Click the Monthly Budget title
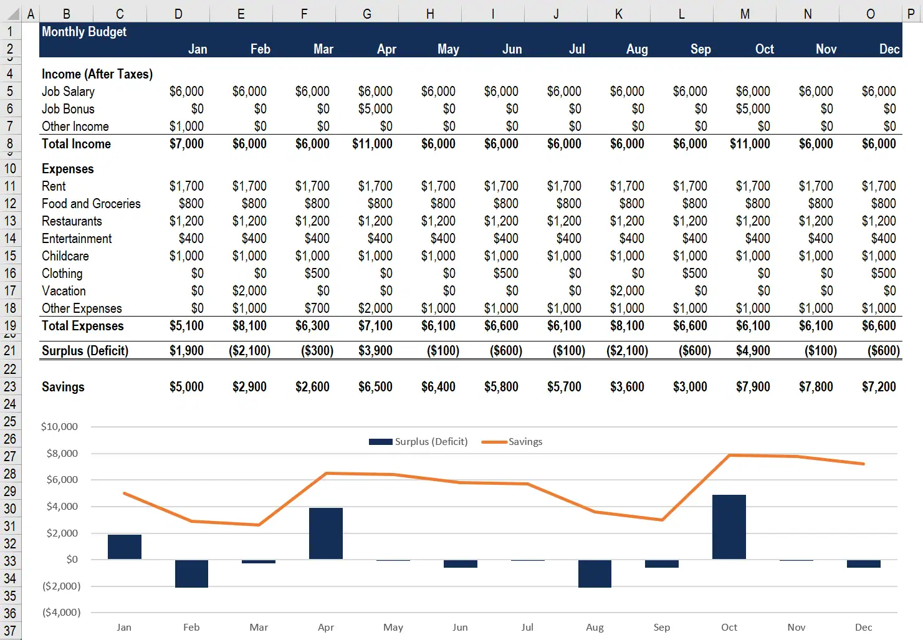coord(84,32)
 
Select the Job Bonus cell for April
coord(375,109)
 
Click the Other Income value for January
coord(186,127)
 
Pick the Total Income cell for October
coord(750,144)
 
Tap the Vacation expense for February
coord(249,291)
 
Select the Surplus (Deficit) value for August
coord(627,351)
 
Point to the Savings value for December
coord(879,387)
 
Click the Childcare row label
coord(65,256)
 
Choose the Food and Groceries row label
coord(91,204)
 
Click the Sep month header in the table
coord(701,49)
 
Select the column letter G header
coord(366,14)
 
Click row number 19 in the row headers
coord(10,326)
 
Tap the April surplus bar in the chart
coord(326,533)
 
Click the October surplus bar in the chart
coord(729,527)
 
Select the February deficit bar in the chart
coord(191,573)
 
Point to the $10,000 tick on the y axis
coord(59,427)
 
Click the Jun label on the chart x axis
coord(460,628)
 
